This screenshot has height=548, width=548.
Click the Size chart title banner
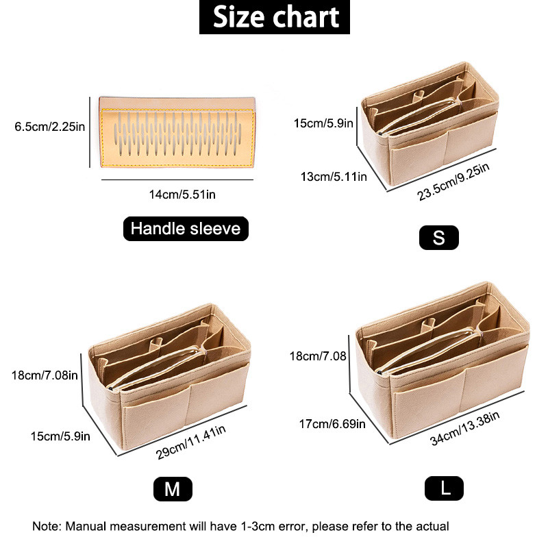(275, 16)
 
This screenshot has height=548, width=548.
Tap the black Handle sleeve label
(186, 229)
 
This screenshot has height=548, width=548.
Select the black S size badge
(439, 238)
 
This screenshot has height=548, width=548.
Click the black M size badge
(173, 489)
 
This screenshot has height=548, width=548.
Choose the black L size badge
(444, 488)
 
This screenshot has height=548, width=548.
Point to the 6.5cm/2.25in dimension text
(49, 127)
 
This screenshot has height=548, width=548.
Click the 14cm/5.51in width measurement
(182, 195)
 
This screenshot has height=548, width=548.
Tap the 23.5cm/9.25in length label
(453, 182)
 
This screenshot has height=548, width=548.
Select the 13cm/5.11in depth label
(334, 177)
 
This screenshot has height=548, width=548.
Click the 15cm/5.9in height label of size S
(323, 123)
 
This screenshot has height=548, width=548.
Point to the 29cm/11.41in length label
(191, 442)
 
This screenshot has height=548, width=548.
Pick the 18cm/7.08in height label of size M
(45, 375)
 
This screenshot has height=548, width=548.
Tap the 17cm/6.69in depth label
(332, 424)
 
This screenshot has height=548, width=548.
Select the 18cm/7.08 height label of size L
(318, 356)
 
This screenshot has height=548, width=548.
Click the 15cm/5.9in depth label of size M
(60, 436)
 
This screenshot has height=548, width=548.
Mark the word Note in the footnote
(47, 526)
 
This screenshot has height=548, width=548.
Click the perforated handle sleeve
(177, 132)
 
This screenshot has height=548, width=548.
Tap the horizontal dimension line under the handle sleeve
(177, 179)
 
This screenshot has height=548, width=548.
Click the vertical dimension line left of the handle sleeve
(90, 132)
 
